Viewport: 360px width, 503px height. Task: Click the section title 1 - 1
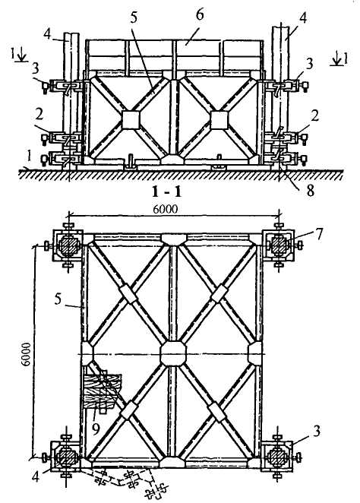click(x=166, y=191)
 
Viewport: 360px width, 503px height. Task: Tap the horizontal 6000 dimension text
click(x=165, y=209)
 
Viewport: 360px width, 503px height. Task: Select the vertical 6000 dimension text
click(x=26, y=354)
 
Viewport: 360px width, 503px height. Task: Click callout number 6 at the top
click(x=200, y=14)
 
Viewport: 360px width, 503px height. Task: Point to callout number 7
click(x=318, y=234)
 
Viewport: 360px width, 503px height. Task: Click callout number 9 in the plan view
click(x=96, y=429)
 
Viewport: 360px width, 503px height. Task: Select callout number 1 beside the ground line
click(x=29, y=157)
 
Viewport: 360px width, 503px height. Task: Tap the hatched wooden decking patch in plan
click(x=101, y=391)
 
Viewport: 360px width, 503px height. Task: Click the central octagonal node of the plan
click(x=173, y=354)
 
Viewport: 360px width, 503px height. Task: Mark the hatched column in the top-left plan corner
click(x=68, y=246)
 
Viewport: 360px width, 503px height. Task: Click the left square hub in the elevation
click(x=131, y=120)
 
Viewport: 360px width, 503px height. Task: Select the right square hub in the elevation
click(x=219, y=120)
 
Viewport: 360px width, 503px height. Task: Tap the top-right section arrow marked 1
click(x=339, y=59)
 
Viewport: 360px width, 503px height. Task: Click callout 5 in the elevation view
click(x=134, y=18)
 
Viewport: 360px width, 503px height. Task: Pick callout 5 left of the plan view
click(x=58, y=300)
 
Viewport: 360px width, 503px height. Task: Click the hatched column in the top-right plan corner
click(x=279, y=245)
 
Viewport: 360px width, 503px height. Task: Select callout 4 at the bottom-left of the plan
click(x=36, y=476)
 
